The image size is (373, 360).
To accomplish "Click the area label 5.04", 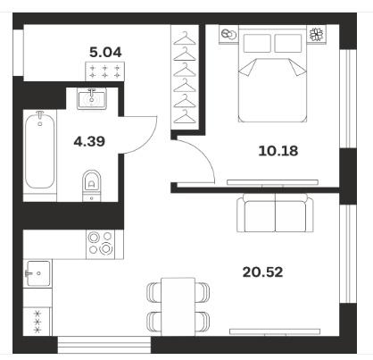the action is pos(105,53).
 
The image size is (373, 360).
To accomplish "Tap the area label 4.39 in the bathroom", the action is pos(89,141).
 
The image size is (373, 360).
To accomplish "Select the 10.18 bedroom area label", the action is pos(278,151).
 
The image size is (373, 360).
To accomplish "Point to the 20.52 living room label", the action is pos(262,272).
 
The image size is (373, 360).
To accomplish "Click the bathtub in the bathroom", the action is pos(40,150).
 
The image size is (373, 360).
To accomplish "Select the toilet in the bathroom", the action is pos(92,186).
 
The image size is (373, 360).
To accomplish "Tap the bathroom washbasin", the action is pos(92,98).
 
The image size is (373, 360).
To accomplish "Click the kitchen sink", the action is pos(38,273).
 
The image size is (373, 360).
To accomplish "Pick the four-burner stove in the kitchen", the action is pos(100,244).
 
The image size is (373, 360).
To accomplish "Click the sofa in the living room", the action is pos(275,213).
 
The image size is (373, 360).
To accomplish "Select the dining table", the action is pos(178,306).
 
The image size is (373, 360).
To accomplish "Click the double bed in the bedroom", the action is pos(272,74).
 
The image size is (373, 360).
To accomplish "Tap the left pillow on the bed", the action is pos(257,43).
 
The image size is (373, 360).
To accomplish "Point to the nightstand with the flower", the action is pos(317,34).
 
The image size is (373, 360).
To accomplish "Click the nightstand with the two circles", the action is pos(228,34).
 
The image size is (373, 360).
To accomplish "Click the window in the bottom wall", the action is pos(104,345).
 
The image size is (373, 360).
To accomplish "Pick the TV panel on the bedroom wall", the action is pos(272,182).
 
